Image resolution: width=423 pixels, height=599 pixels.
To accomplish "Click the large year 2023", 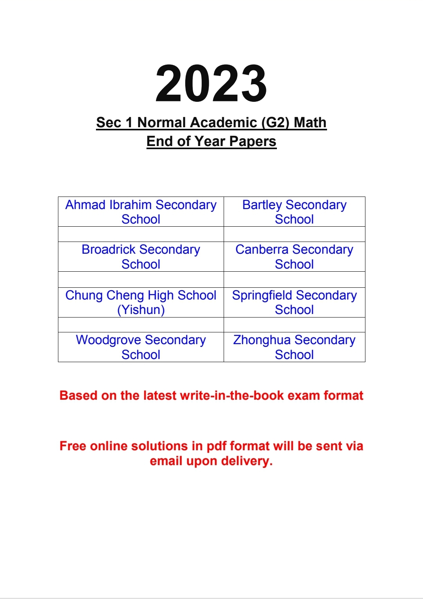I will coord(211,84).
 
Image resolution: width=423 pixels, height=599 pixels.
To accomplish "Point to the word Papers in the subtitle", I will coord(253,141).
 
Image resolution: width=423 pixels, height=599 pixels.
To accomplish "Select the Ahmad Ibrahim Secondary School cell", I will coord(141,212).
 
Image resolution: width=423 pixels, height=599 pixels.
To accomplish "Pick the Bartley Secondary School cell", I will coord(294,212).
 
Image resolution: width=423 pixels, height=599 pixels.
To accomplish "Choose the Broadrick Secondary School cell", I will coord(141,257).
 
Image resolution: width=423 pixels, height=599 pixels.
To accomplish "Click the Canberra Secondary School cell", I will coord(294,257).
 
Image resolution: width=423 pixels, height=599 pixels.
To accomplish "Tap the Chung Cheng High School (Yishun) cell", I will coord(141,302).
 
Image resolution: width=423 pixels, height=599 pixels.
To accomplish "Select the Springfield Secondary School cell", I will coord(294,302).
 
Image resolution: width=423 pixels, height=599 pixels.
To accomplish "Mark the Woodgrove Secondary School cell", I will coord(141,347).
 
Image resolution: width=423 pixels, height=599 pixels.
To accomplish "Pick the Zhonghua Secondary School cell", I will coord(294,347).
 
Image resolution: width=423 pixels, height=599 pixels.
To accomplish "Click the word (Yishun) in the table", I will coord(141,310).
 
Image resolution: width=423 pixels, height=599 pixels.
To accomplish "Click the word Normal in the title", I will coord(161,123).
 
